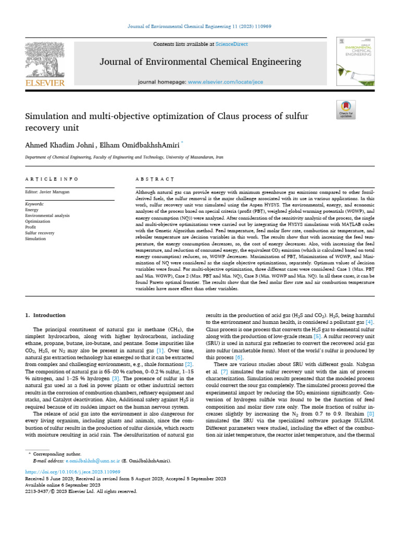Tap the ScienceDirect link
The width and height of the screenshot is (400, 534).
233,44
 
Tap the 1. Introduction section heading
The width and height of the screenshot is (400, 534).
46,315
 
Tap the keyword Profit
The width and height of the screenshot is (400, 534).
31,227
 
